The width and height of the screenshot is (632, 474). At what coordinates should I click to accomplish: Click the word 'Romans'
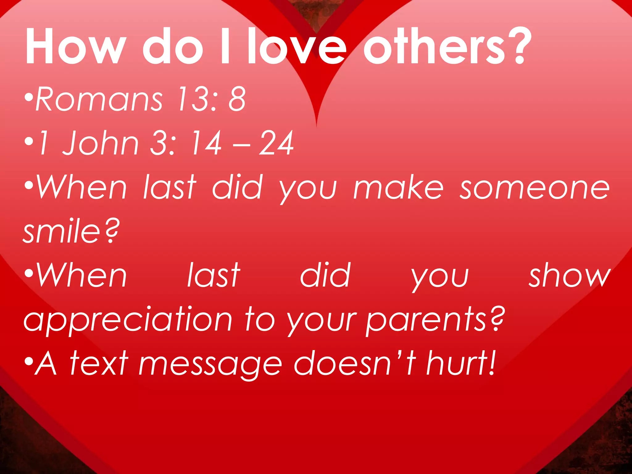(99, 99)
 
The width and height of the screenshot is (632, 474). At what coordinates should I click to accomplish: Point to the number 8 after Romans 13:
(237, 99)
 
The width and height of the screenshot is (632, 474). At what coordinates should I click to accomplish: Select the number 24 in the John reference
(276, 143)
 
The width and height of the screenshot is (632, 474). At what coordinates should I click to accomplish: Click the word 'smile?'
(71, 231)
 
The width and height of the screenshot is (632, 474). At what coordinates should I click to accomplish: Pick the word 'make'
(398, 187)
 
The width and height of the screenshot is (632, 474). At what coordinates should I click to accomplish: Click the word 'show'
(570, 275)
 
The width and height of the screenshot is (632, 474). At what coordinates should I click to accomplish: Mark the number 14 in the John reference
(206, 143)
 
